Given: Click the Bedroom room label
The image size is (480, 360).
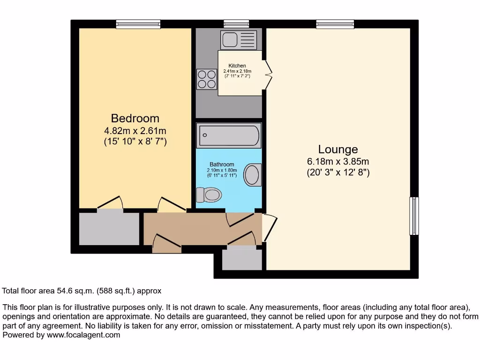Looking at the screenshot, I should [135, 118].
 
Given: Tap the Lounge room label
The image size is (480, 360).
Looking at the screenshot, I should [338, 149].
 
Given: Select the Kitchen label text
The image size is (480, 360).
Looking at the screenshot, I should [237, 66].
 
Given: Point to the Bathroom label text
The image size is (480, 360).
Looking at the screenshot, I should [222, 165].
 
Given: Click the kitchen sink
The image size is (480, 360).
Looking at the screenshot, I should [239, 40].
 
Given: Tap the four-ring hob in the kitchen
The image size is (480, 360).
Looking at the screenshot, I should [207, 79].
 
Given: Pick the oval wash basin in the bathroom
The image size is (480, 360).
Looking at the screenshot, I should [253, 174].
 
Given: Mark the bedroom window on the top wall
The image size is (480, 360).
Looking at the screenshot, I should [138, 24].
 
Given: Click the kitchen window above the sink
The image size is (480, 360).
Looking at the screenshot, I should [236, 24].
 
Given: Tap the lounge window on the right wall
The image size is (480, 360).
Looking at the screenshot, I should [414, 216].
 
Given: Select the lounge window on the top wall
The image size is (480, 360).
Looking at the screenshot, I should [335, 24].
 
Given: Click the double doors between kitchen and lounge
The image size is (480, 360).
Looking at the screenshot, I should [268, 74].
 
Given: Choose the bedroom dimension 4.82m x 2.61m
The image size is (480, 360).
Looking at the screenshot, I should [135, 131].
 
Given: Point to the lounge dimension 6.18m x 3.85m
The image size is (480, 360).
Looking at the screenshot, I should [338, 162].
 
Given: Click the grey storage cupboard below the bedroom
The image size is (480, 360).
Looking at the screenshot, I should [109, 229].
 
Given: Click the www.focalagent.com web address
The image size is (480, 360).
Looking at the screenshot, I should [82, 335].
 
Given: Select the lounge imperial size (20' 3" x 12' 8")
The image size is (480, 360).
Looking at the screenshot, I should [338, 172].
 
